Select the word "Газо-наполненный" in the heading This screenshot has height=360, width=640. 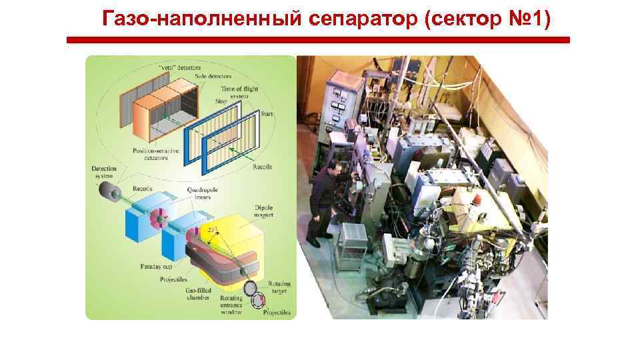pos(203,20)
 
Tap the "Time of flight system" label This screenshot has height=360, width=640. pos(240,93)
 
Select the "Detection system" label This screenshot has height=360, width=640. pos(104,172)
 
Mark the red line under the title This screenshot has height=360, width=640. pos(319,40)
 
